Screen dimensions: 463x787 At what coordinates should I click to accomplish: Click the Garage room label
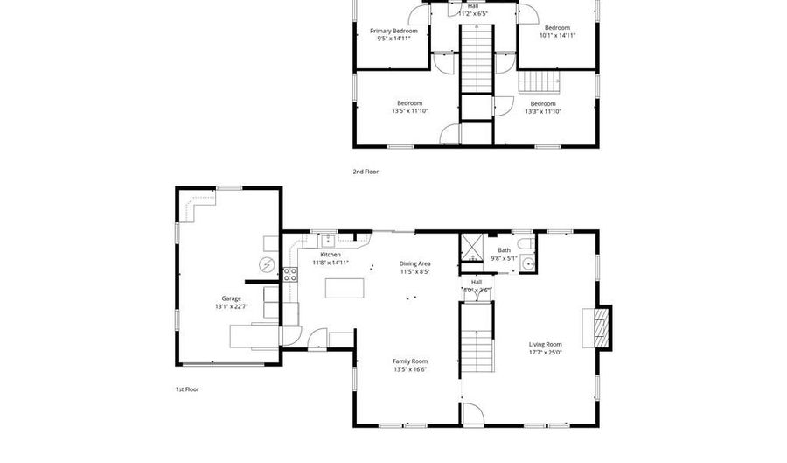tap(231, 298)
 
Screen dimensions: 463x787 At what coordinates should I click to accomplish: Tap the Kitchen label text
tap(331, 255)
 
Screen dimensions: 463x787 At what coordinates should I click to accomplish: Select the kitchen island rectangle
tap(344, 288)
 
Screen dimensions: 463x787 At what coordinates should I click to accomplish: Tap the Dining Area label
tap(414, 263)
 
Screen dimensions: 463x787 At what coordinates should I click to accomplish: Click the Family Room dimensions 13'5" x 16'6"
tap(409, 370)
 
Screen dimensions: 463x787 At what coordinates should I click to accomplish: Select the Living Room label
tap(545, 344)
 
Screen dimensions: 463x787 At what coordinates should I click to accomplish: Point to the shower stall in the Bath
tap(472, 248)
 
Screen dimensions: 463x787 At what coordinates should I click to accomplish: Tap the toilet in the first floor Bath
tap(524, 243)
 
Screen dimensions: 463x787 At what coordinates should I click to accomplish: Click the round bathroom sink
tap(527, 263)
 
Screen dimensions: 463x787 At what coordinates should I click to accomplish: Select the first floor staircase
tap(478, 336)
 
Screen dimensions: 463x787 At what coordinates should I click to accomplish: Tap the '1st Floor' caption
tap(187, 389)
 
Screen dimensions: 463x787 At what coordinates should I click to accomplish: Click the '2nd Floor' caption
tap(366, 172)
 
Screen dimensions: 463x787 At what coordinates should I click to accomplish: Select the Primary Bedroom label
tap(392, 31)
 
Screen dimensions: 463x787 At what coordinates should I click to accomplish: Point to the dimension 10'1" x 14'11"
tap(557, 36)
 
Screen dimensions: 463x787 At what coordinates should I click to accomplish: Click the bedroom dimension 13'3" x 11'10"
tap(542, 111)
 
